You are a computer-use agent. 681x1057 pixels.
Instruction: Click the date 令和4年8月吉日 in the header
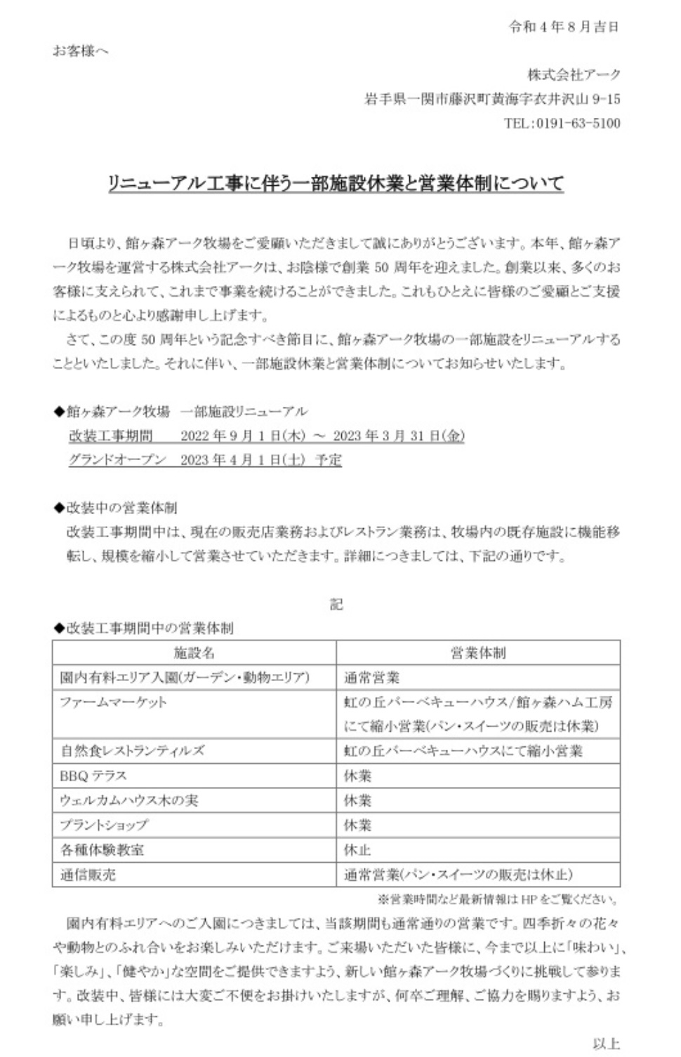(x=564, y=27)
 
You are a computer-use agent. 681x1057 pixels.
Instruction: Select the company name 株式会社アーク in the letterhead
(x=574, y=75)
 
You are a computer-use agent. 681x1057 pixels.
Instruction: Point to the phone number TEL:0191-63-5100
(x=562, y=123)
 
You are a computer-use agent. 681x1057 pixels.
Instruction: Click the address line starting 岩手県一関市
(x=492, y=99)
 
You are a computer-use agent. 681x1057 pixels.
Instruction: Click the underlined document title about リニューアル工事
(x=336, y=184)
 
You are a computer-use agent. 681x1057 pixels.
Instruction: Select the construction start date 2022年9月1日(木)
(x=242, y=436)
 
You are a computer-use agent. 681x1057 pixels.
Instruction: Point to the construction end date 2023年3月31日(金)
(x=398, y=436)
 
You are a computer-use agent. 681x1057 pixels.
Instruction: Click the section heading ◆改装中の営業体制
(x=115, y=508)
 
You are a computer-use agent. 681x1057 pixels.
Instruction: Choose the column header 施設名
(x=194, y=653)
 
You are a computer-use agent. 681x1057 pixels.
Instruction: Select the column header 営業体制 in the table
(x=478, y=653)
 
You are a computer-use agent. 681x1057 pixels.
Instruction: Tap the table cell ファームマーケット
(x=114, y=701)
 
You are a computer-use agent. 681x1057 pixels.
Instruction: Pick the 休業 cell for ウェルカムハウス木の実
(x=358, y=800)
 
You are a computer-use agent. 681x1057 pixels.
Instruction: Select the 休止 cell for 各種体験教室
(x=358, y=849)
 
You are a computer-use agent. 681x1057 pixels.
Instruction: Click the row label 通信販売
(x=88, y=874)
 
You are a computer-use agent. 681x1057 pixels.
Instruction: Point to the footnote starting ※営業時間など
(x=498, y=899)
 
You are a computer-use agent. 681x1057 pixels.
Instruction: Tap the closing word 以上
(x=606, y=1044)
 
